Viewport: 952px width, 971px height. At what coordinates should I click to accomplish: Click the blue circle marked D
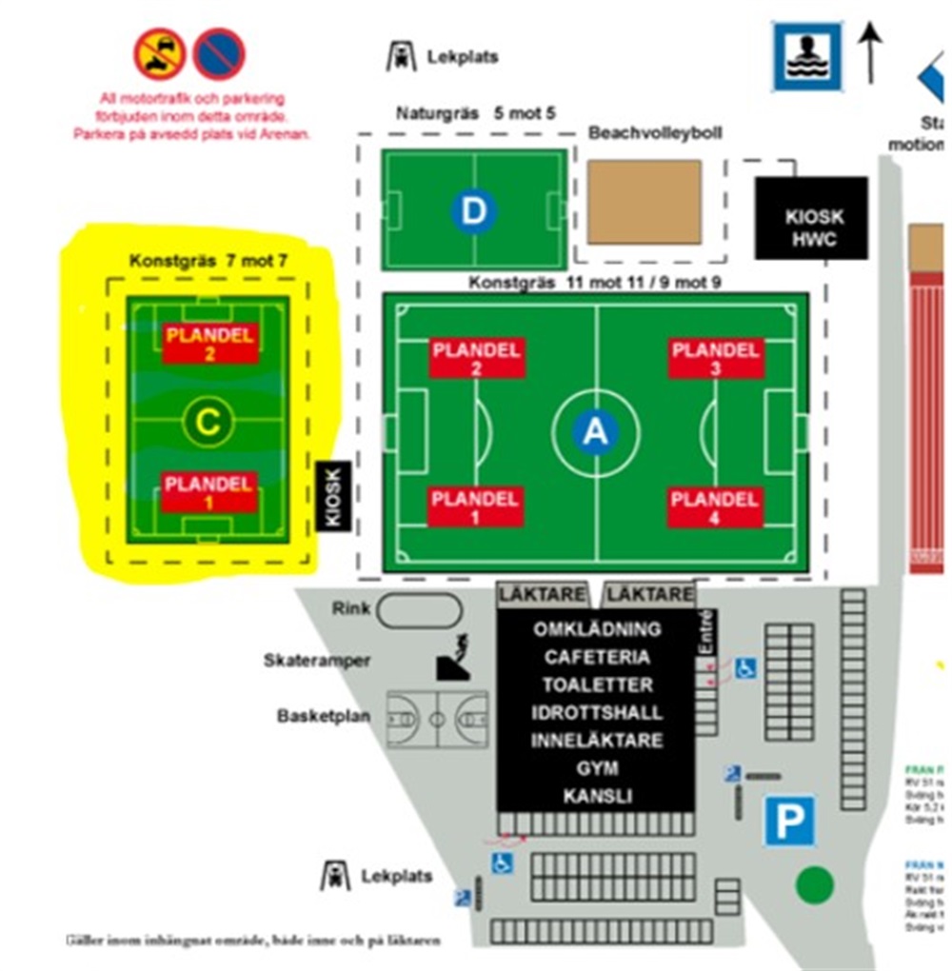pyautogui.click(x=473, y=211)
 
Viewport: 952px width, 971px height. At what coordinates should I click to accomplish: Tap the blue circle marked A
pyautogui.click(x=595, y=432)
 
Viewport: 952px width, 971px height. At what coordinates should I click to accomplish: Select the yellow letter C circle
pyautogui.click(x=208, y=422)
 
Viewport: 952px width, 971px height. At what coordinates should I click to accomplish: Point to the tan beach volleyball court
pyautogui.click(x=645, y=201)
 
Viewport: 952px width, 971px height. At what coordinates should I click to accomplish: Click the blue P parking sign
pyautogui.click(x=790, y=821)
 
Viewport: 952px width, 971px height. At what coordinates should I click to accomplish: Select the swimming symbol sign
pyautogui.click(x=807, y=55)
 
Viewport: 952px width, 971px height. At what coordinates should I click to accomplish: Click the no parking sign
pyautogui.click(x=220, y=53)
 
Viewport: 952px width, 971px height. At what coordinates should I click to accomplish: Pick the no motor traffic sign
pyautogui.click(x=159, y=53)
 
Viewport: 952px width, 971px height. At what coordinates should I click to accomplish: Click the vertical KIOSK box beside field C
pyautogui.click(x=331, y=494)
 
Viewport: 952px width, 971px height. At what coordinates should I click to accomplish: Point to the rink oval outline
pyautogui.click(x=419, y=610)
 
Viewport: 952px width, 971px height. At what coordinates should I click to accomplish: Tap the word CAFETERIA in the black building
pyautogui.click(x=597, y=657)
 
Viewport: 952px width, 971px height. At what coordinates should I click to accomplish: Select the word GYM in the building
pyautogui.click(x=597, y=767)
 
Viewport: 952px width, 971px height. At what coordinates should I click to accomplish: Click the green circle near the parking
pyautogui.click(x=814, y=885)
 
